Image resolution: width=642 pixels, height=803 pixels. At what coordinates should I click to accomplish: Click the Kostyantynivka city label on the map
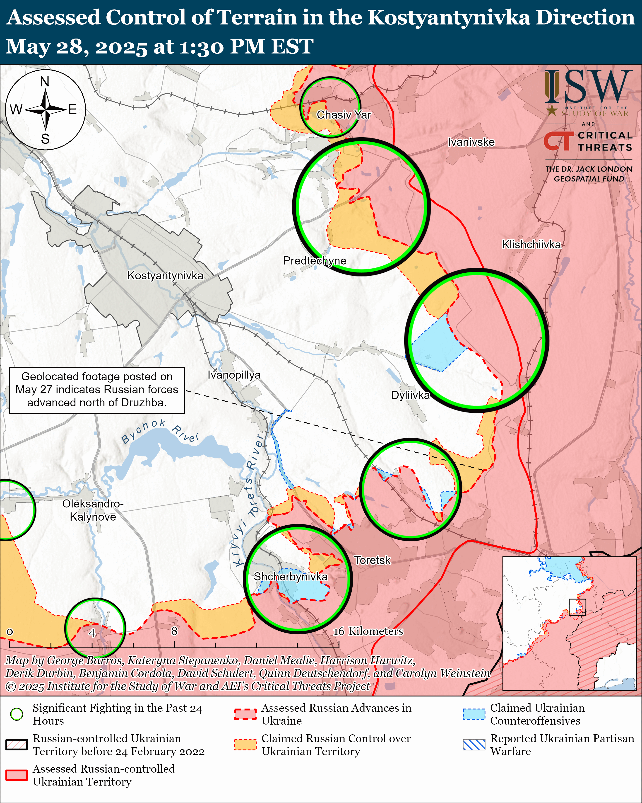coord(165,276)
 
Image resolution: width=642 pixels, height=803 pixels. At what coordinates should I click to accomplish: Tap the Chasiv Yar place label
coord(344,115)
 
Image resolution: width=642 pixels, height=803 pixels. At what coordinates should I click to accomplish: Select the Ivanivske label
coord(471,142)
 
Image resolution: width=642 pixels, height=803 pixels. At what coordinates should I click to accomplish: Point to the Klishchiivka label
coord(531,245)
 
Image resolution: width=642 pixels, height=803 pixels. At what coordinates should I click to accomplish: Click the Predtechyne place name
coord(315,261)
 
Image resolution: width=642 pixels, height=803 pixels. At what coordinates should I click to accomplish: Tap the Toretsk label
coord(372,560)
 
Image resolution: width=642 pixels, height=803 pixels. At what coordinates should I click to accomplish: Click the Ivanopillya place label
coord(234,375)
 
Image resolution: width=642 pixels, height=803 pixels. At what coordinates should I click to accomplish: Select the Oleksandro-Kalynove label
coord(93,510)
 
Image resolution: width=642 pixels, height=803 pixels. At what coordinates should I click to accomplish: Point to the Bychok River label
coord(160,432)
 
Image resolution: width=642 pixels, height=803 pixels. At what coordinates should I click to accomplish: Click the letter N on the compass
coord(45,82)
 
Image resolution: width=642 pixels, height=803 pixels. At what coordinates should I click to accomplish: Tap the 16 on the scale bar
coord(339,631)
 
